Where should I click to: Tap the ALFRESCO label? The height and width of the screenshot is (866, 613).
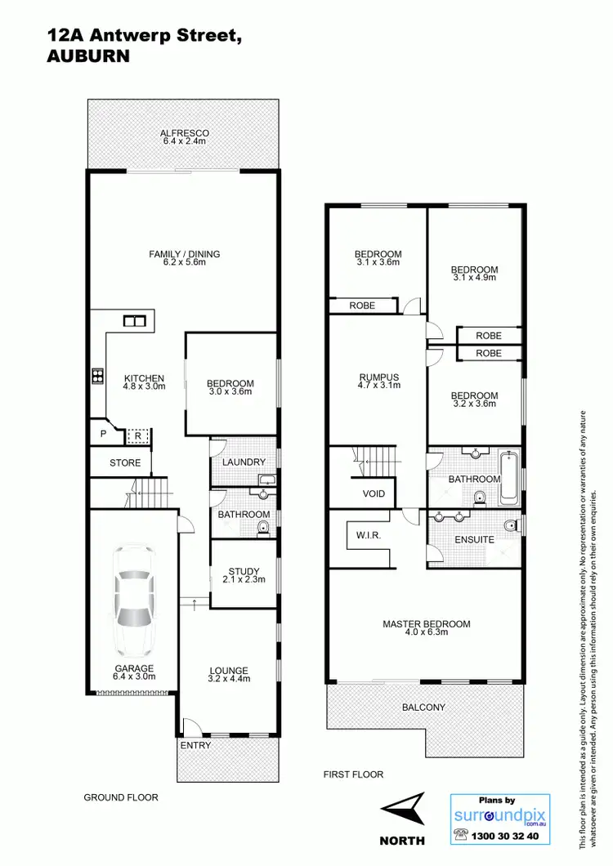click(x=185, y=133)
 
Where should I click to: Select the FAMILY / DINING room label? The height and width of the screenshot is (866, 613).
click(x=185, y=254)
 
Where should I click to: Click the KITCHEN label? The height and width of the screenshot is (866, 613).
click(x=145, y=378)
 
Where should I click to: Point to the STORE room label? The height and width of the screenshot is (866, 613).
click(x=125, y=463)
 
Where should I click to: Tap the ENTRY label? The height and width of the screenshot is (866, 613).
click(x=195, y=745)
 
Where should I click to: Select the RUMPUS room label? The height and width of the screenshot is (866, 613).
click(x=379, y=377)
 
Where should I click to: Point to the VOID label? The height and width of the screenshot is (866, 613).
click(x=374, y=494)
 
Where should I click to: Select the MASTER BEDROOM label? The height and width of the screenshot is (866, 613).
click(x=427, y=624)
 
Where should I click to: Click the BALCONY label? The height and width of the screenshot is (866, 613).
click(x=423, y=707)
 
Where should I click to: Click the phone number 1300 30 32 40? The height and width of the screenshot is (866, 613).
click(x=508, y=837)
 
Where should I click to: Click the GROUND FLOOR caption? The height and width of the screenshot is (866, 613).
click(x=121, y=797)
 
